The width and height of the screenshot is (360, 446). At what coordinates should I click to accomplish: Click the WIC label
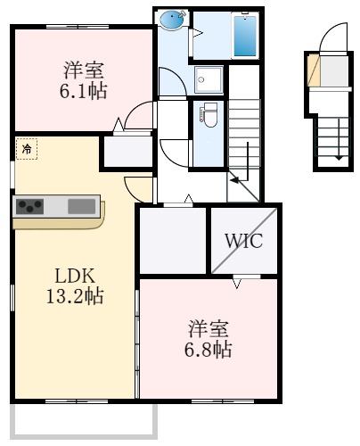coord(243,241)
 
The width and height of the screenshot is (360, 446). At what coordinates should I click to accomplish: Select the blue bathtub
coord(244,37)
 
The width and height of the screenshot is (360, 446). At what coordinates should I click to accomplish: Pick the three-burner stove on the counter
coord(30,206)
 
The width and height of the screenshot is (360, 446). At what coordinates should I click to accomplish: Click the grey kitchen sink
coord(81,206)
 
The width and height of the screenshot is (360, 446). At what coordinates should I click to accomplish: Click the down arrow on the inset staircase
coord(338,155)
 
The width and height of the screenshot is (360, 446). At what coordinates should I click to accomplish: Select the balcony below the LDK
coord(82,420)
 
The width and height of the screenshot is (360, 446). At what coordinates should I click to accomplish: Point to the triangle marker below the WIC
coord(237,284)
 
